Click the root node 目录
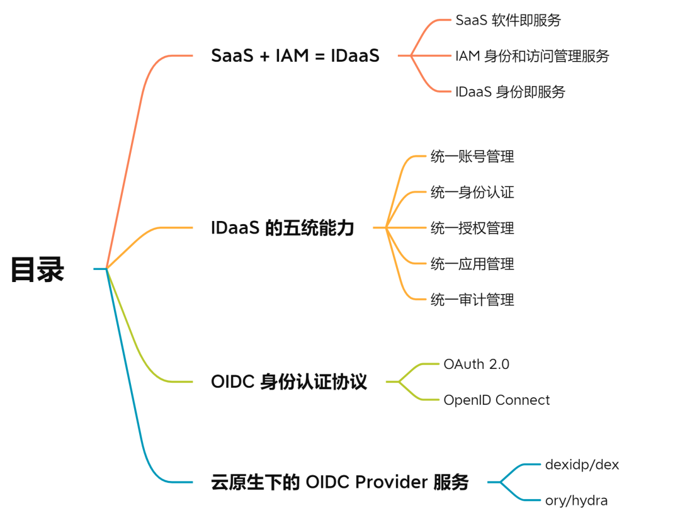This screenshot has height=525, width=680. pyautogui.click(x=38, y=269)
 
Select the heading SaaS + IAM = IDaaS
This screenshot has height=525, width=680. pyautogui.click(x=295, y=56)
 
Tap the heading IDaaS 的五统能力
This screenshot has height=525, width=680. pyautogui.click(x=283, y=228)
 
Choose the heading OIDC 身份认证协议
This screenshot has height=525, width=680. pyautogui.click(x=289, y=381)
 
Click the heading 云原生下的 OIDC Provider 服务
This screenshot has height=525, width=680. pyautogui.click(x=340, y=483)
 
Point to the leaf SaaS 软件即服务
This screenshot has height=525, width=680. pyautogui.click(x=508, y=20)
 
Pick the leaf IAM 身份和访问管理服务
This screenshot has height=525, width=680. pyautogui.click(x=532, y=56)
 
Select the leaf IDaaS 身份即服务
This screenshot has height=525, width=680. pyautogui.click(x=510, y=92)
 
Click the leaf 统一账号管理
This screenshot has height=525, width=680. pyautogui.click(x=472, y=156)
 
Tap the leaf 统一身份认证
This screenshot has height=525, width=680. pyautogui.click(x=472, y=192)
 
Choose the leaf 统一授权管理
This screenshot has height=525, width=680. pyautogui.click(x=472, y=228)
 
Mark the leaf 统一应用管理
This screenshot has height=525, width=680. pyautogui.click(x=472, y=264)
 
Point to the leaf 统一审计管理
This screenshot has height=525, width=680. pyautogui.click(x=472, y=300)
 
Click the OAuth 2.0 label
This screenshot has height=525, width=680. pyautogui.click(x=476, y=364)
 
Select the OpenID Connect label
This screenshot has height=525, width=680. pyautogui.click(x=496, y=400)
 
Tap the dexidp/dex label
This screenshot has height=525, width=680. pyautogui.click(x=582, y=465)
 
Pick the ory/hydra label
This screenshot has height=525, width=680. pyautogui.click(x=576, y=501)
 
